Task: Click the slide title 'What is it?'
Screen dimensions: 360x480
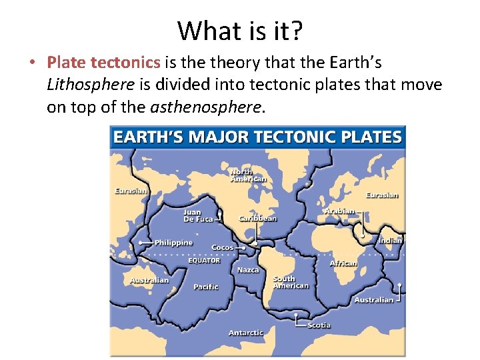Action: [x=240, y=30]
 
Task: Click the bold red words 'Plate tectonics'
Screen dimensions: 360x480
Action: [x=103, y=63]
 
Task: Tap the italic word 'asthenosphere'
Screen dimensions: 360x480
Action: [x=207, y=107]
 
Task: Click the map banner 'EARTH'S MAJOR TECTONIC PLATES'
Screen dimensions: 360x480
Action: [x=257, y=138]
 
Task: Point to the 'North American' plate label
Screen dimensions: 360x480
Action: [x=248, y=175]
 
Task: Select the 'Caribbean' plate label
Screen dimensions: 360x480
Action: [x=258, y=219]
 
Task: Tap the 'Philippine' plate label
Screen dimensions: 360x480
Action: [x=173, y=243]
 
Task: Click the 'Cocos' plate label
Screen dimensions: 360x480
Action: [x=222, y=247]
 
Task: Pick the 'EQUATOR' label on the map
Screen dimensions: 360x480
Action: [x=204, y=261]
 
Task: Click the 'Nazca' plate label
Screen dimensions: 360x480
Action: [x=248, y=270]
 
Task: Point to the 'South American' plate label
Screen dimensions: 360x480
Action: [x=291, y=282]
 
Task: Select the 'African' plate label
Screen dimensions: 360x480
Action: [x=343, y=263]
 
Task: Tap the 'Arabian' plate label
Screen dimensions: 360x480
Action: [x=339, y=211]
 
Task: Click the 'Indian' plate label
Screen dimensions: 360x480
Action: [x=390, y=241]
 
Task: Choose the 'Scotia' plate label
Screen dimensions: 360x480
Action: [x=318, y=325]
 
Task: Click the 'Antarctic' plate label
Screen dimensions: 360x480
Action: [x=246, y=333]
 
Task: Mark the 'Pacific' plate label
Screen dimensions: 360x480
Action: [x=205, y=287]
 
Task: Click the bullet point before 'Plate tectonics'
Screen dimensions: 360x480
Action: [x=32, y=63]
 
